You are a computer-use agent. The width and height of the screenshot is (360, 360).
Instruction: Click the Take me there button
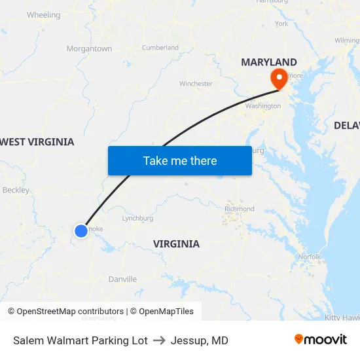179,160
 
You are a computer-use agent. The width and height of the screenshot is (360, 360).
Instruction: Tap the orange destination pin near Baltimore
279,79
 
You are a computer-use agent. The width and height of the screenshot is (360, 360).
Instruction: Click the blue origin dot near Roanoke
81,230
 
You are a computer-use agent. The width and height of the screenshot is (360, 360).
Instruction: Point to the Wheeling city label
43,15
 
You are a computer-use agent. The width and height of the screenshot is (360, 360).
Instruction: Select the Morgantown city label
89,48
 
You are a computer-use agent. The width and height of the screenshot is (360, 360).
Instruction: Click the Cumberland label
160,48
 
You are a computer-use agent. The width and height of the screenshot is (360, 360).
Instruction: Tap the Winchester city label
196,84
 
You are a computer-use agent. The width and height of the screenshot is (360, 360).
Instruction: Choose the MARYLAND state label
268,62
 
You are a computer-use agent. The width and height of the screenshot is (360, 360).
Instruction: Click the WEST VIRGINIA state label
37,142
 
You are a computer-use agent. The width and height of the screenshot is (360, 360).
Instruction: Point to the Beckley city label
16,190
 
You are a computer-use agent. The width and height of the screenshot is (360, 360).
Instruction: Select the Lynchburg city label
137,219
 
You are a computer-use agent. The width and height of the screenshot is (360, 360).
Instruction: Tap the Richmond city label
239,209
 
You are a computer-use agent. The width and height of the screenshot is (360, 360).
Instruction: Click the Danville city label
122,279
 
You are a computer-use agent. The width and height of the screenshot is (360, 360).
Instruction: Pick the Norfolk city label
309,257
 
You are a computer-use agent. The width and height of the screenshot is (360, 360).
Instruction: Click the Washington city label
262,106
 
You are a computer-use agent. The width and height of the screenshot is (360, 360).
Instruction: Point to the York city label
281,24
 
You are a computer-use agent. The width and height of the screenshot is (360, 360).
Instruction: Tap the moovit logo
321,340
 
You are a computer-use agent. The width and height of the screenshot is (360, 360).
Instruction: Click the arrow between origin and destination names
159,340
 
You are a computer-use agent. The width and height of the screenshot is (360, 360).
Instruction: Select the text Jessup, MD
199,340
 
